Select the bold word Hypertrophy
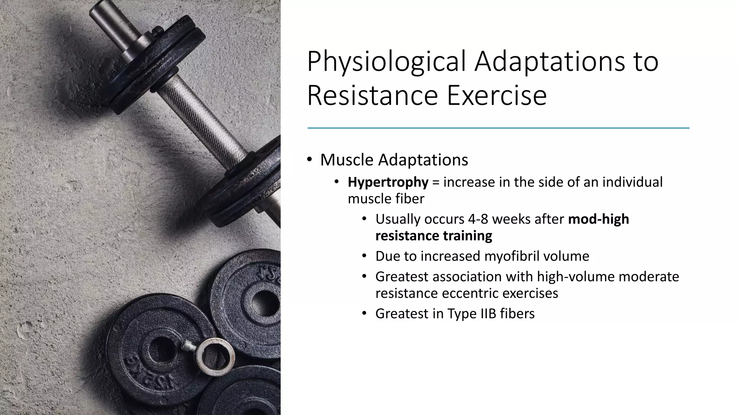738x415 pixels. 388,182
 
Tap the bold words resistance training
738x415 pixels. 434,236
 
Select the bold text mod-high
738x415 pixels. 598,219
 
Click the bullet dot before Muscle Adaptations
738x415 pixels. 310,160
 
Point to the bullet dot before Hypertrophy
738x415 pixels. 337,182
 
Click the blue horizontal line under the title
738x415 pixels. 498,128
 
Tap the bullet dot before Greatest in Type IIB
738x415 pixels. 364,313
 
